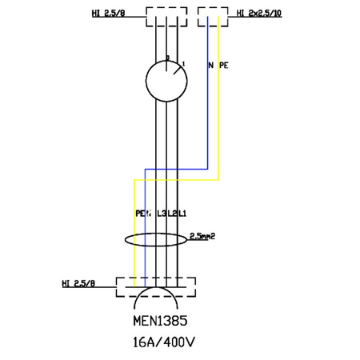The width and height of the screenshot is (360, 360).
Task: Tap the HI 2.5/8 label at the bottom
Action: point(78,284)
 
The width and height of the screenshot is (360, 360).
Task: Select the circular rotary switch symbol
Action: point(166,81)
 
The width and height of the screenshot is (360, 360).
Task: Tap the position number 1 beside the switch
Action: point(184,62)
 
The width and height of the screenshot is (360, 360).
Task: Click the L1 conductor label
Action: point(182,213)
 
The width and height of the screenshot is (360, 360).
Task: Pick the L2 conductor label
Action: point(172,213)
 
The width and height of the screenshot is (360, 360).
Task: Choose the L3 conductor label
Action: point(162,213)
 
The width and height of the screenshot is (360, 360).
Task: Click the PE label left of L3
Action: point(139,213)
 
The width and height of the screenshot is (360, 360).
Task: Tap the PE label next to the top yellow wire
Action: point(224,66)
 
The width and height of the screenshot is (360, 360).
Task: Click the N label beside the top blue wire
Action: point(210,66)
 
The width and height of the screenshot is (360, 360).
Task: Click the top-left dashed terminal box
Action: point(166,17)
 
